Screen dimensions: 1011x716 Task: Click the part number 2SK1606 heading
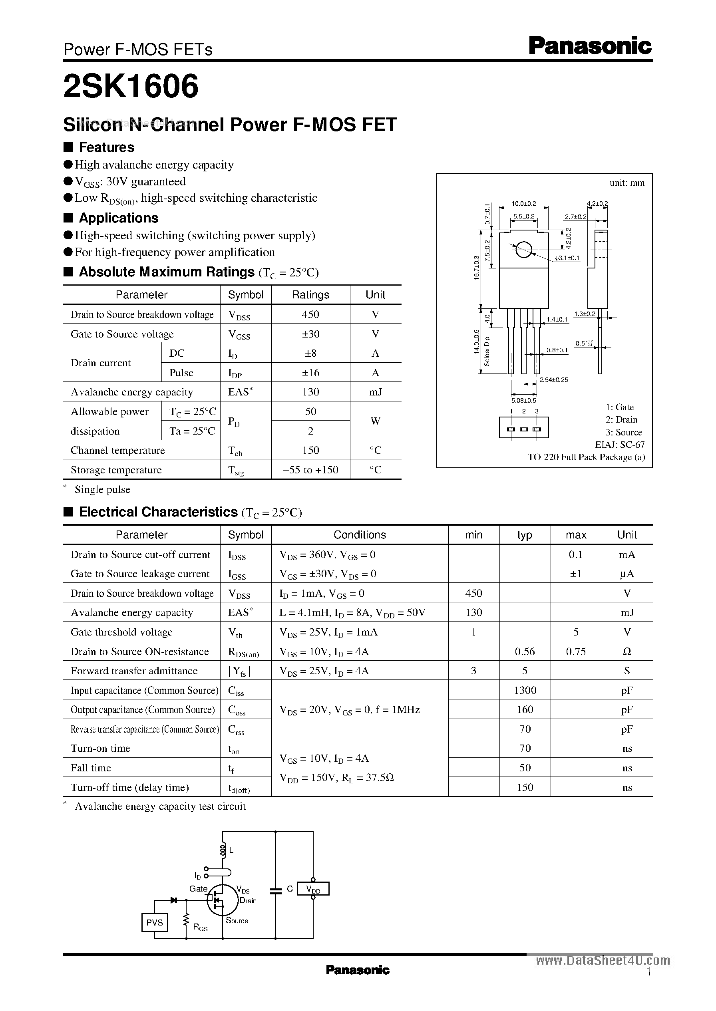131,86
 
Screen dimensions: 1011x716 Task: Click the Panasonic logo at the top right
590,46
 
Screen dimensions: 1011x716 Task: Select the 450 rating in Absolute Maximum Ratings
310,314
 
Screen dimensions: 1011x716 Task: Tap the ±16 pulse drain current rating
310,373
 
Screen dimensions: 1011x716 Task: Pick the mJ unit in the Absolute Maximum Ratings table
375,392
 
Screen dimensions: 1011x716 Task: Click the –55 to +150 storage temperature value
310,470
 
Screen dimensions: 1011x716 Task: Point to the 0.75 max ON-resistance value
576,651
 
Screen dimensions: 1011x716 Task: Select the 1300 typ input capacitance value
525,690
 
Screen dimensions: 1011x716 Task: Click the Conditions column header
359,534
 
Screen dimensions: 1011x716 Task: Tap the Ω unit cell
627,651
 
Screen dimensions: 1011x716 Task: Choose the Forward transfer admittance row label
134,671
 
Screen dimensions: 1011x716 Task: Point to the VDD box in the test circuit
313,889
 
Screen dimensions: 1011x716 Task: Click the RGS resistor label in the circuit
200,928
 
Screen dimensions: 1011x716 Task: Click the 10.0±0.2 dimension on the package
524,204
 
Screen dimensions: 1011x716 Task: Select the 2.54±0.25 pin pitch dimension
554,379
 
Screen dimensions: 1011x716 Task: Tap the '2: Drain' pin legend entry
621,419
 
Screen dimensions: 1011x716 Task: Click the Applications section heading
118,218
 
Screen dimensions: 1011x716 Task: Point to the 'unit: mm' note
627,183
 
